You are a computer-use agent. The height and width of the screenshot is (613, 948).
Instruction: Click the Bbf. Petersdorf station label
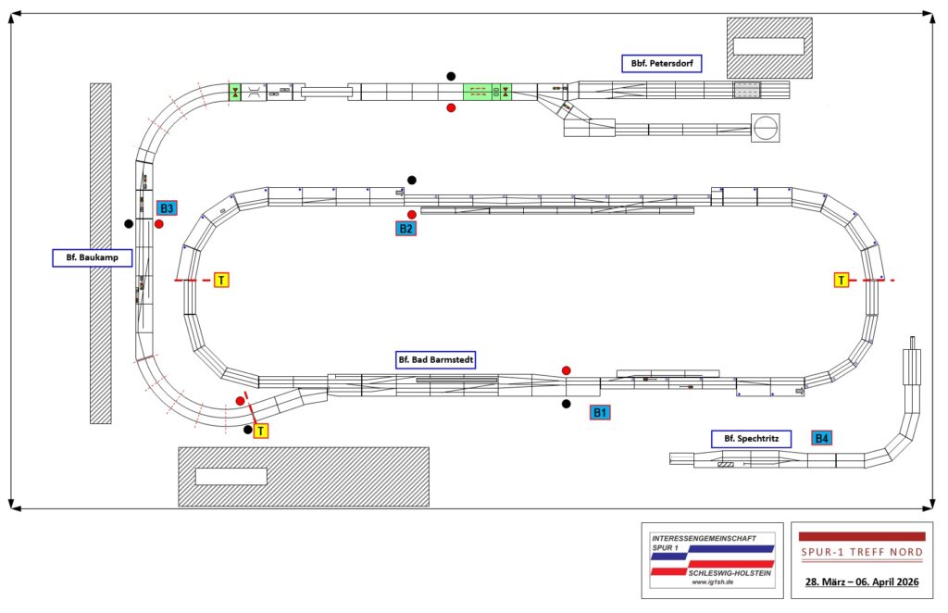tap(661, 64)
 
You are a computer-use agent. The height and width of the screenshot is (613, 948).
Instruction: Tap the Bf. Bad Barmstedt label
tap(435, 358)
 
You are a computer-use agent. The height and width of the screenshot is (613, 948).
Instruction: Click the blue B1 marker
tap(601, 412)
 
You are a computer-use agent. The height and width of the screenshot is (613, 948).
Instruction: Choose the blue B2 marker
tap(405, 228)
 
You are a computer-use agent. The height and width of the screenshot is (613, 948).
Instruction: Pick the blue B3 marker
tap(167, 208)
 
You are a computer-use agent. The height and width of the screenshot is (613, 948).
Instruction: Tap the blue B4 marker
tap(821, 438)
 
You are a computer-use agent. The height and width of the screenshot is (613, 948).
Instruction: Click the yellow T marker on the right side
tap(842, 280)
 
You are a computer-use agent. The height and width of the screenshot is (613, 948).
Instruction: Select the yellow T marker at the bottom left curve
tap(261, 431)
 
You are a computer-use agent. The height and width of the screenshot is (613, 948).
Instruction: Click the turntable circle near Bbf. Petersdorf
tap(765, 128)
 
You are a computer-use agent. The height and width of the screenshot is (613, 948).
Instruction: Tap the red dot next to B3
tap(159, 224)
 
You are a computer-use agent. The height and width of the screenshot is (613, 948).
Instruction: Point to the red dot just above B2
tap(412, 215)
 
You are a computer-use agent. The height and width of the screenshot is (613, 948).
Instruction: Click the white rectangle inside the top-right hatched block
tap(768, 45)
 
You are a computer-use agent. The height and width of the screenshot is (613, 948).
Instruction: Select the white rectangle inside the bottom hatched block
tap(231, 476)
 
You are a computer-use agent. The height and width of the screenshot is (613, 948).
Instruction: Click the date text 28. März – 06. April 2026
tap(861, 581)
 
